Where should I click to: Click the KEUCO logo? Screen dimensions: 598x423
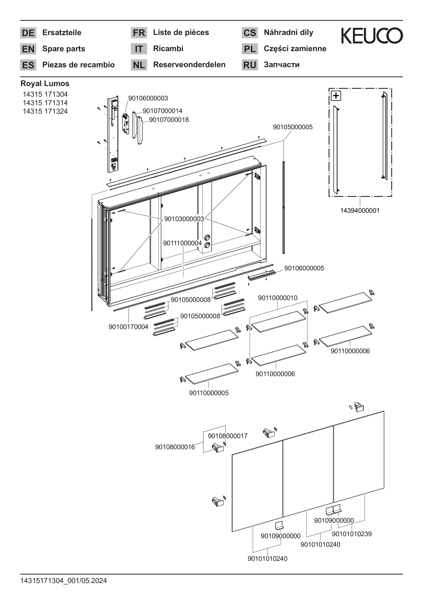(372, 35)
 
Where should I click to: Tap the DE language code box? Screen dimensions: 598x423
(28, 33)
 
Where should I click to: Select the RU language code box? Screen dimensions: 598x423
(249, 65)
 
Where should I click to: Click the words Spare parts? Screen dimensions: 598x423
(64, 49)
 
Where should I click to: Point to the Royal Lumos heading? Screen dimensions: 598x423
(45, 84)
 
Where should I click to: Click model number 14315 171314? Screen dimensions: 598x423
(45, 103)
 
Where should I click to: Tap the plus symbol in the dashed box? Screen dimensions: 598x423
(336, 96)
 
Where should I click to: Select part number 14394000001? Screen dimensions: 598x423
(360, 210)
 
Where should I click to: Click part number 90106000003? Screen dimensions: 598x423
(148, 98)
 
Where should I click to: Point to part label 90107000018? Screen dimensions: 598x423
(169, 120)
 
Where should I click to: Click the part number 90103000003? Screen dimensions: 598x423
(184, 219)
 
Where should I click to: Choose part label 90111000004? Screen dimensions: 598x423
(182, 243)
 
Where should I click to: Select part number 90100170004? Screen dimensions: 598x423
(128, 327)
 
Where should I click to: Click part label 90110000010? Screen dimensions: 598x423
(278, 298)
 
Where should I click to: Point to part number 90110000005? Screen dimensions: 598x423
(209, 393)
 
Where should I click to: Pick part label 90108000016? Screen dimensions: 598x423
(175, 447)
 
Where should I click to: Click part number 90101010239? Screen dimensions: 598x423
(352, 534)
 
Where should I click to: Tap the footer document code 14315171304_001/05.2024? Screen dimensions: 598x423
(64, 581)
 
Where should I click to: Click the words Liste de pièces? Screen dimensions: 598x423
(181, 32)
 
